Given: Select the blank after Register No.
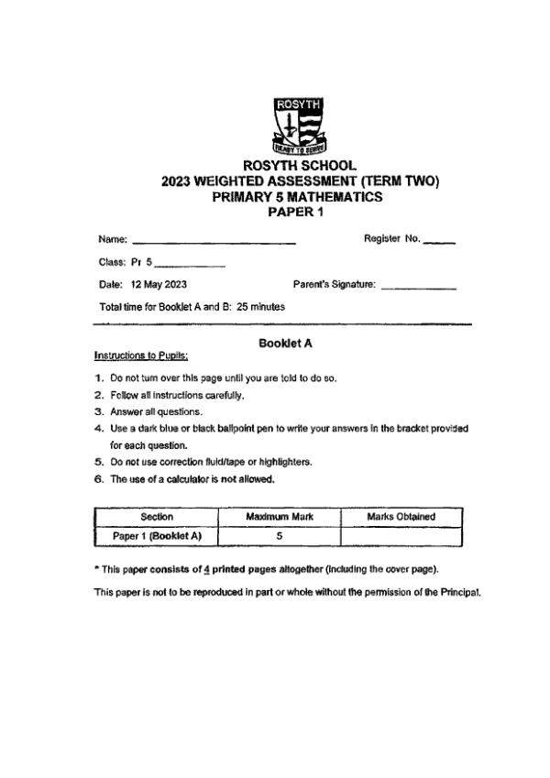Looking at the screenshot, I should (x=439, y=242).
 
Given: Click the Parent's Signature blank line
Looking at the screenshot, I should (x=418, y=288).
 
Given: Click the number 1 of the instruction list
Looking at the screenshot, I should (x=98, y=378).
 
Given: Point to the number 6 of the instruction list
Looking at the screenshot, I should (x=98, y=478).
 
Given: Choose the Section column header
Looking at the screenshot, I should (x=156, y=517).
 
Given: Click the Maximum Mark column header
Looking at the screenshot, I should (x=279, y=517).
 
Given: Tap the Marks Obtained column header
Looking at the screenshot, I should (x=401, y=517).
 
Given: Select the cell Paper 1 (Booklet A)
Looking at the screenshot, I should (x=156, y=536).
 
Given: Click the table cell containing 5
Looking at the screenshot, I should (x=279, y=536).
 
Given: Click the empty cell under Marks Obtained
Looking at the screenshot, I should (x=401, y=536).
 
